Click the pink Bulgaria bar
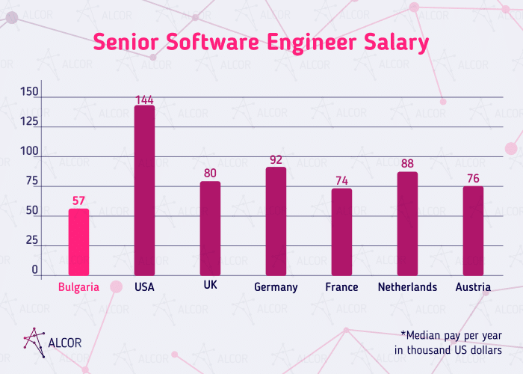78,242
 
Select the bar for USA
144,191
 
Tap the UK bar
210,229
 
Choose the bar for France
341,233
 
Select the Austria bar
473,231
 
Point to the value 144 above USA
144,99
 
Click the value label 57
78,200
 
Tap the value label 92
276,159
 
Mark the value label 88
407,164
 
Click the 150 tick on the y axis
29,92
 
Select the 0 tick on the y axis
34,269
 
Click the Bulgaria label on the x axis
78,287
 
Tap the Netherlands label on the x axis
407,287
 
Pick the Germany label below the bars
276,287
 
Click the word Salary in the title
392,43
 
